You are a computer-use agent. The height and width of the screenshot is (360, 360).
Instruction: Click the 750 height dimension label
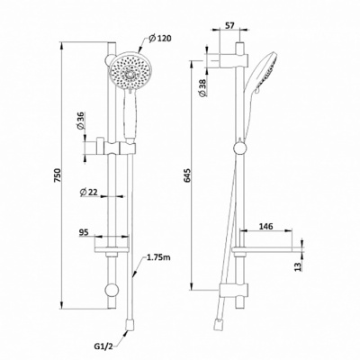(58, 175)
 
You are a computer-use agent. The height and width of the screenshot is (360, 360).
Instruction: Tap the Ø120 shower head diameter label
(160, 39)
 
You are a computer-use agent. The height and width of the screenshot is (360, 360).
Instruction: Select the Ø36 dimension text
(81, 121)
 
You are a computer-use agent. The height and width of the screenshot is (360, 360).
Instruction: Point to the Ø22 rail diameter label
(89, 192)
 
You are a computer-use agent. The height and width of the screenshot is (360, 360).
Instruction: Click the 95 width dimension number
(85, 232)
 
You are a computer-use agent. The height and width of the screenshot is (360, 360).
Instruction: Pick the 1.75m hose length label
(158, 257)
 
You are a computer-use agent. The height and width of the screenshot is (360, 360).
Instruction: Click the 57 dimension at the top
(229, 25)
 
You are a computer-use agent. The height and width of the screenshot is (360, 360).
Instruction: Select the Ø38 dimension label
(202, 87)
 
